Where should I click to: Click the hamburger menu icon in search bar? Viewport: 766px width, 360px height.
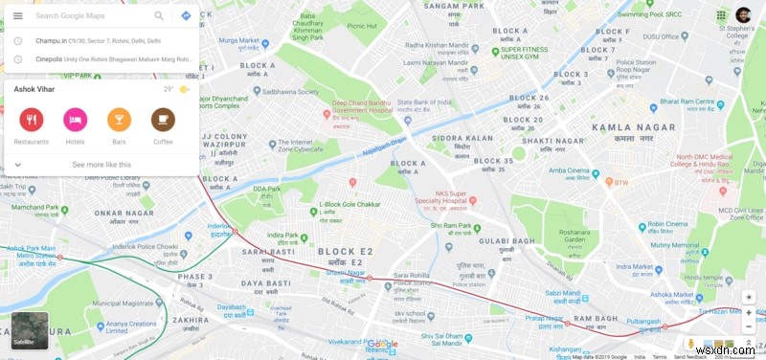pyautogui.click(x=17, y=16)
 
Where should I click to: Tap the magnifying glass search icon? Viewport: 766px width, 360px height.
pyautogui.click(x=159, y=16)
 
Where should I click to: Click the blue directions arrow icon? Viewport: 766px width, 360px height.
pyautogui.click(x=186, y=16)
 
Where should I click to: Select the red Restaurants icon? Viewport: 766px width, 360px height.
pyautogui.click(x=31, y=120)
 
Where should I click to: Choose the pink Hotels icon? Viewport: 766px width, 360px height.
pyautogui.click(x=75, y=120)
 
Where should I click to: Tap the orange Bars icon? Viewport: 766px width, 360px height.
pyautogui.click(x=119, y=120)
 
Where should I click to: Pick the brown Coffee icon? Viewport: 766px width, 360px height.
pyautogui.click(x=163, y=120)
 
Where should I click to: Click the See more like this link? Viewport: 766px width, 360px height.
pyautogui.click(x=101, y=165)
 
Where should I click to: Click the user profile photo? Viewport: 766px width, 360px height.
pyautogui.click(x=743, y=15)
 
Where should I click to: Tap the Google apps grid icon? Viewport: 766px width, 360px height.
pyautogui.click(x=720, y=15)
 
